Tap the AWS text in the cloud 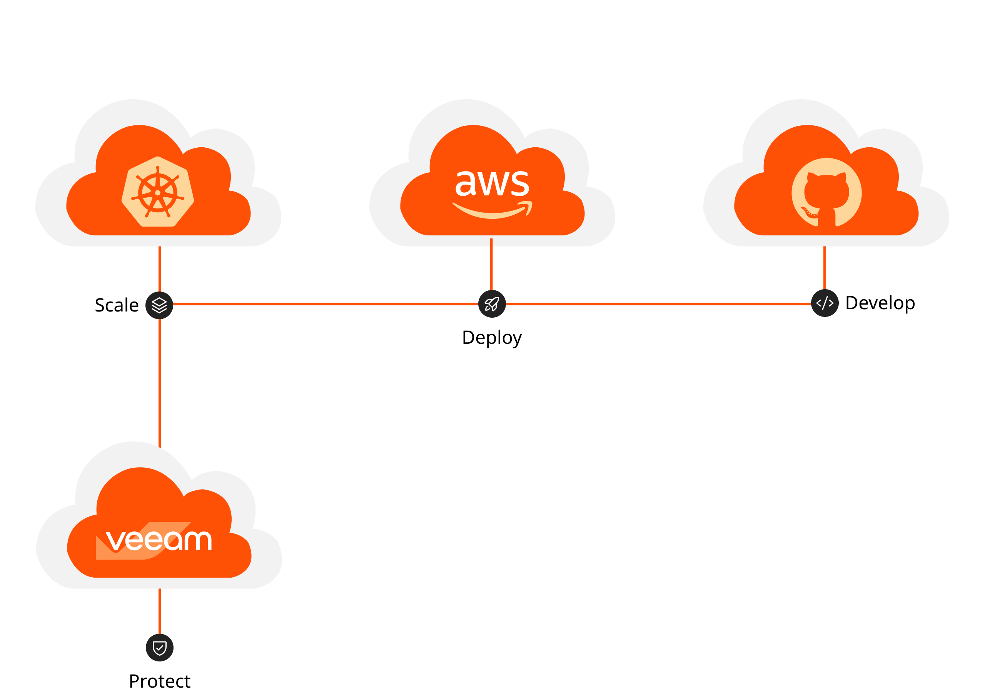click(x=492, y=183)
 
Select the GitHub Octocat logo click(x=826, y=193)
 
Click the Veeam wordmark click(x=159, y=540)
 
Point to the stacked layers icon click(x=159, y=305)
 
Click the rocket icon click(x=492, y=304)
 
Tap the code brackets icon click(x=825, y=303)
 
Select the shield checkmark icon click(x=160, y=648)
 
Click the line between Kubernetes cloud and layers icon click(x=160, y=269)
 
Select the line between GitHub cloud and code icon click(x=825, y=268)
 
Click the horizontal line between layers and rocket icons click(x=326, y=304)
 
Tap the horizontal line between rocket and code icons click(x=658, y=304)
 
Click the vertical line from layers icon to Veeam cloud click(x=160, y=381)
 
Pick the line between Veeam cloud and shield click(x=160, y=611)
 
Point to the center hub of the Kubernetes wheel click(x=157, y=193)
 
